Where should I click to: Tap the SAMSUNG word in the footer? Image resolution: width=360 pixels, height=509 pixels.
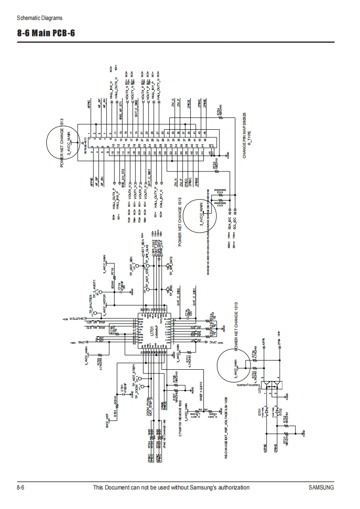pos(321,488)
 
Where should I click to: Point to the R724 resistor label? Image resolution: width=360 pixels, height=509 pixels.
pos(218,111)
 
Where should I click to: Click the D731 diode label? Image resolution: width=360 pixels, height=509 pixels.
pos(260,411)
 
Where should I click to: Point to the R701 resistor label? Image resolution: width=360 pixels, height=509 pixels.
pos(115,413)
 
